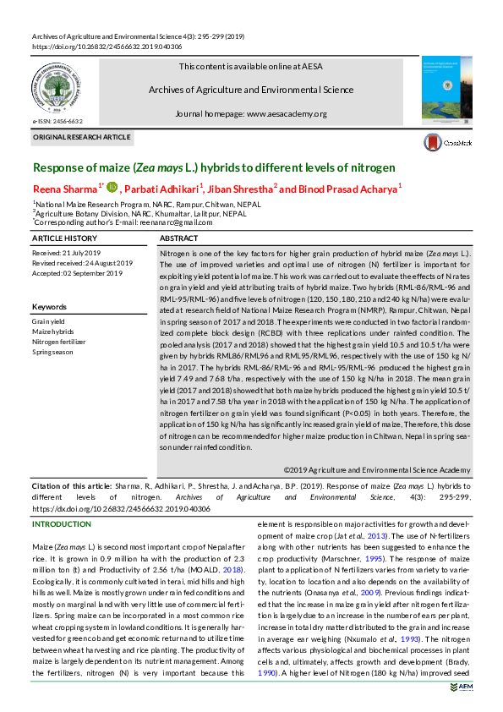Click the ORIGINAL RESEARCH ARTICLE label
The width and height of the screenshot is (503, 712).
pyautogui.click(x=82, y=136)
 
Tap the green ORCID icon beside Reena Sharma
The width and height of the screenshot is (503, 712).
pyautogui.click(x=112, y=187)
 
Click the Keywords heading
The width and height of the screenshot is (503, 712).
pyautogui.click(x=49, y=306)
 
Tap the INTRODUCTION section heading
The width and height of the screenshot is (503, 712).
pyautogui.click(x=67, y=524)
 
